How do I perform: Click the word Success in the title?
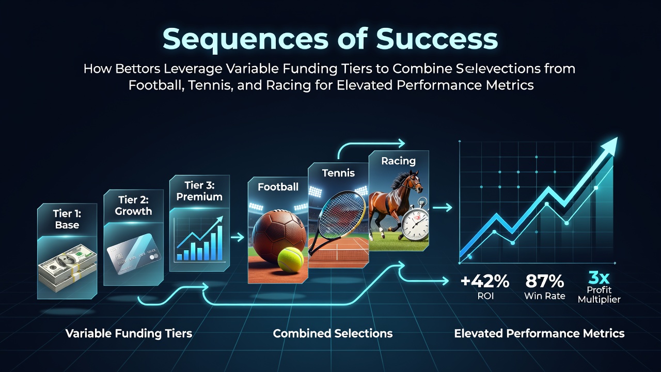(x=436, y=39)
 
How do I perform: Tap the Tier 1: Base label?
(x=67, y=219)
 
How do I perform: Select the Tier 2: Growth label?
(x=133, y=206)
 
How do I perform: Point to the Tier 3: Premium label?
(x=199, y=191)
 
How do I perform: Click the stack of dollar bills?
(x=67, y=268)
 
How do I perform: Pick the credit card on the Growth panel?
(x=134, y=254)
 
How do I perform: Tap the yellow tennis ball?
(x=290, y=260)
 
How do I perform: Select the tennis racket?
(x=336, y=222)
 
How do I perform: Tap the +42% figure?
(x=485, y=281)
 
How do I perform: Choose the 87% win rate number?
(x=544, y=281)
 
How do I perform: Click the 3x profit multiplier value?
(x=599, y=277)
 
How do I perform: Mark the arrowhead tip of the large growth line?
(x=617, y=137)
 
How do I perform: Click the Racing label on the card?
(x=398, y=161)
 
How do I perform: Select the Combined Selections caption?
(x=333, y=333)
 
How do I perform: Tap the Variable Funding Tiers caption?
(x=129, y=334)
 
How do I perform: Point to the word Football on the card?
(x=278, y=187)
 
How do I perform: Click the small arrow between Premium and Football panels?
(x=238, y=237)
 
